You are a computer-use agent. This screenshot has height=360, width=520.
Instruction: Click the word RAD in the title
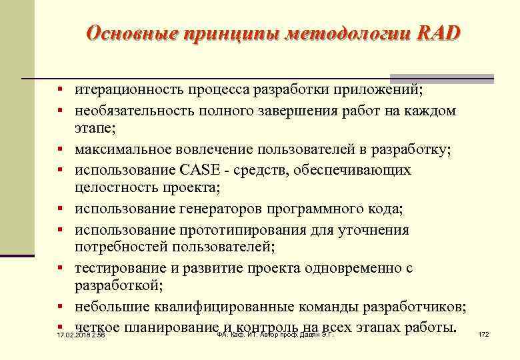point(439,33)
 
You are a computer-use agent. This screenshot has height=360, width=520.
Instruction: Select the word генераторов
point(222,209)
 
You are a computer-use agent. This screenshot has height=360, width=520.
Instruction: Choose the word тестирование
point(119,268)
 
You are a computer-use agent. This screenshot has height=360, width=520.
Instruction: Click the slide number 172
point(483,334)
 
